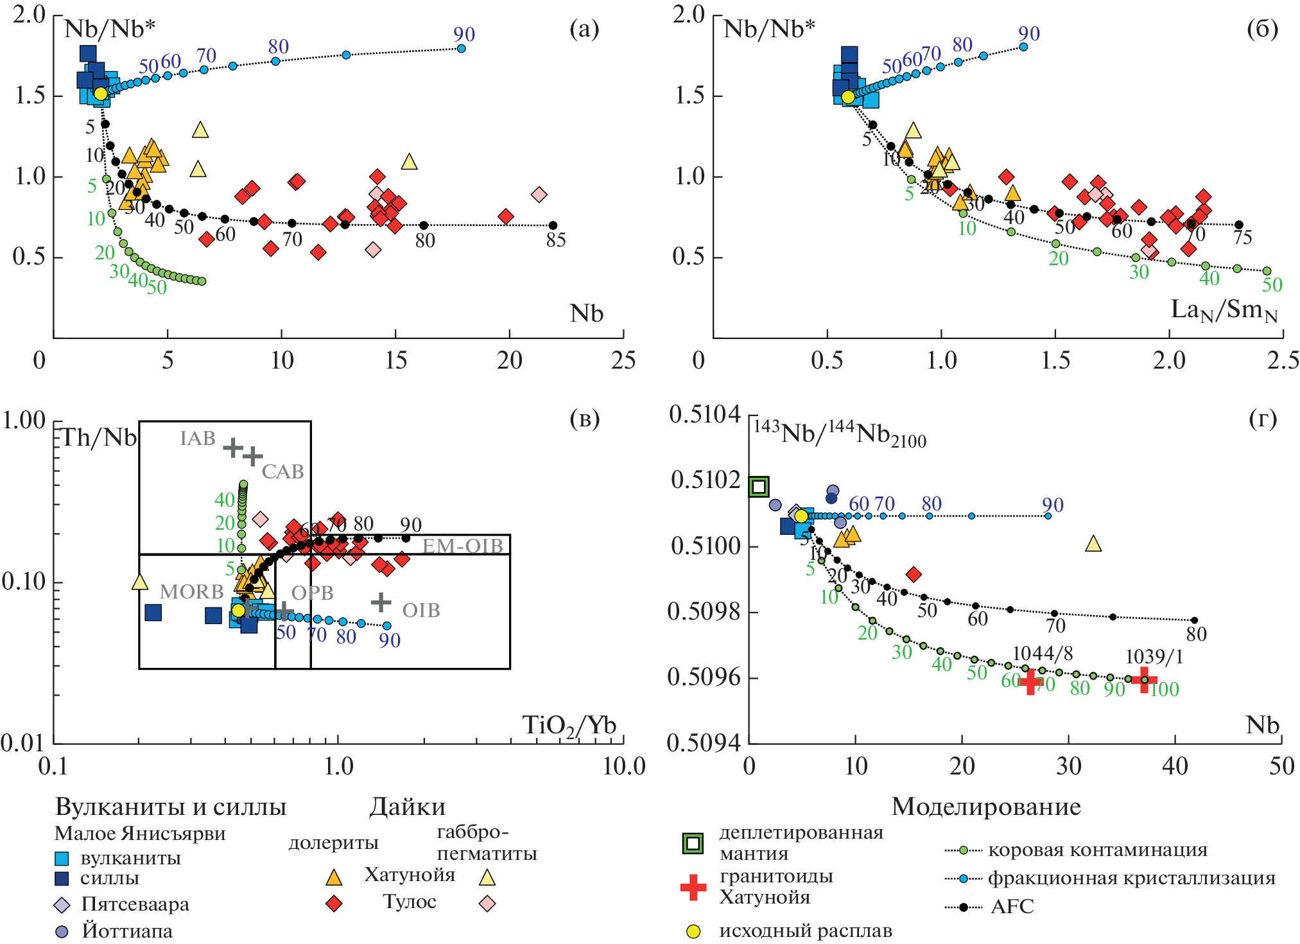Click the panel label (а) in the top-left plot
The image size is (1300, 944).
click(584, 30)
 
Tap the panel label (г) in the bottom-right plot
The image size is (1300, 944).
click(1262, 419)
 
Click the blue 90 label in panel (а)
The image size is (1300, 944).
click(464, 35)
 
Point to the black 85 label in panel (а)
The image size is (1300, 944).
click(555, 240)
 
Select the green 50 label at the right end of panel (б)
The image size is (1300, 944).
click(1272, 285)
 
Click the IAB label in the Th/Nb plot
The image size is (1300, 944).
click(198, 439)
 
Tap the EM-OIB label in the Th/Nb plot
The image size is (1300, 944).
click(462, 546)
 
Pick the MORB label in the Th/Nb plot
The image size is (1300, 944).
click(191, 591)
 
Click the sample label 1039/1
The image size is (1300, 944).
click(1154, 657)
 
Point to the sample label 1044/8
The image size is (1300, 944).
click(1042, 654)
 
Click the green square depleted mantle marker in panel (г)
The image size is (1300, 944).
click(759, 486)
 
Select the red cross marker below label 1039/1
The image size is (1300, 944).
click(1144, 679)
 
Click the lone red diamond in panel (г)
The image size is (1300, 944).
click(914, 574)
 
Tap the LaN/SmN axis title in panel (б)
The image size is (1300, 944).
click(1224, 311)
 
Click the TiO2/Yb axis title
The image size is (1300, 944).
click(569, 726)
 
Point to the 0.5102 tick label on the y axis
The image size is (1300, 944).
click(705, 480)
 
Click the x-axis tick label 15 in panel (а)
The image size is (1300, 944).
click(395, 361)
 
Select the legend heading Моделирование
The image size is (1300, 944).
click(986, 807)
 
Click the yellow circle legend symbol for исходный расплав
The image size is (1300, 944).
click(693, 931)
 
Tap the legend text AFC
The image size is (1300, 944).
click(1012, 907)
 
